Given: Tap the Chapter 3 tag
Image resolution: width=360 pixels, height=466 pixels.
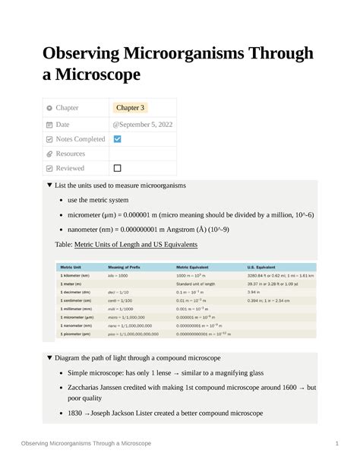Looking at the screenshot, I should click(x=131, y=108).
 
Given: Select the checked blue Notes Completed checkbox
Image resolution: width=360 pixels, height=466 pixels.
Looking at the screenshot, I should click(x=117, y=139).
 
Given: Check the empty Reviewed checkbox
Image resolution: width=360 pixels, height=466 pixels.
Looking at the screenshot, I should click(x=117, y=168).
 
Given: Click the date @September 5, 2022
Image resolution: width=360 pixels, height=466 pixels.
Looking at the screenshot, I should click(x=144, y=124).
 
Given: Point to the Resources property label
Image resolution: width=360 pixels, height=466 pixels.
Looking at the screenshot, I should click(x=71, y=154).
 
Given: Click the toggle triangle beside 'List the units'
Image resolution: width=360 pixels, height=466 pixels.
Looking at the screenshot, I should click(x=49, y=185).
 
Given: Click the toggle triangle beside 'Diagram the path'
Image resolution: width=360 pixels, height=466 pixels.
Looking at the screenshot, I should click(x=49, y=357).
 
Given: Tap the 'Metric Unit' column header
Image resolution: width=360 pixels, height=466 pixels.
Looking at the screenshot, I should click(x=71, y=268).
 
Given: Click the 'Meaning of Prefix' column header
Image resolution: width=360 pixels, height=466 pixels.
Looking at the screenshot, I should click(x=124, y=268).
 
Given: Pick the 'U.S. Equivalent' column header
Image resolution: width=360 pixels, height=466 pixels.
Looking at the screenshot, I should click(x=263, y=268).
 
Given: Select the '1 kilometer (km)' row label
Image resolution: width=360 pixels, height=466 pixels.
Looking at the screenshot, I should click(x=75, y=275).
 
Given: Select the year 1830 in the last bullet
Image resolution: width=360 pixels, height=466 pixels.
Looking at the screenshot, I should click(x=77, y=414).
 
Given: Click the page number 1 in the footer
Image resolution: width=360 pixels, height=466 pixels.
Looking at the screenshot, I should click(x=335, y=443).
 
